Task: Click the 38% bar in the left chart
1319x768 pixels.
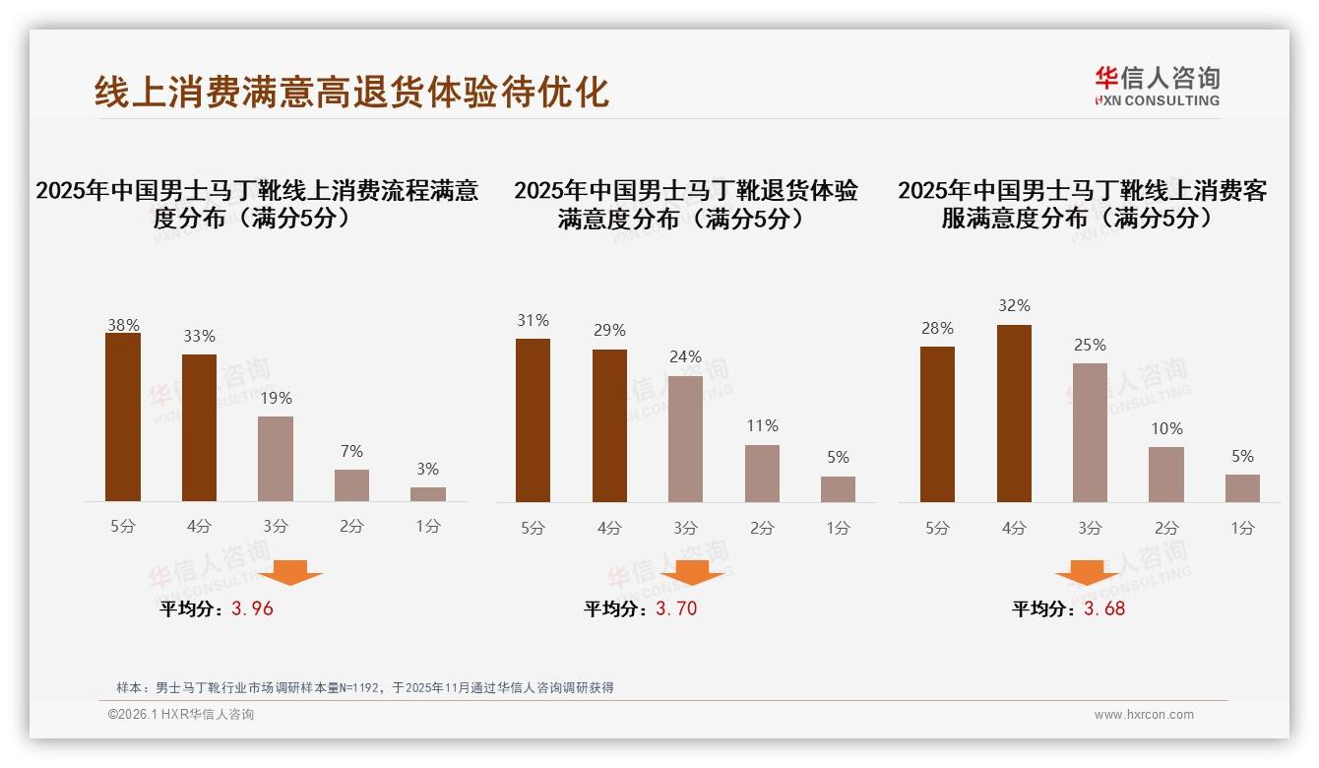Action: [x=123, y=417]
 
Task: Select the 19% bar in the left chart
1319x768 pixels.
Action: [x=276, y=459]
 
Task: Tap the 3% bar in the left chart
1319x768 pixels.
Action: [x=428, y=494]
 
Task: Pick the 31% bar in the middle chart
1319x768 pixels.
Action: [x=533, y=420]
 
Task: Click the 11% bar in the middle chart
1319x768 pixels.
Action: [x=762, y=474]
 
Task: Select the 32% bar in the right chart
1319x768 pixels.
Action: [x=1014, y=414]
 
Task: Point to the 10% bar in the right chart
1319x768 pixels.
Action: [x=1166, y=475]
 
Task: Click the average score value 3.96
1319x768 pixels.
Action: [x=252, y=608]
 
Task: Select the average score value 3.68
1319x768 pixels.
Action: [x=1104, y=608]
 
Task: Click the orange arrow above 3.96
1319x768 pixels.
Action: [x=290, y=572]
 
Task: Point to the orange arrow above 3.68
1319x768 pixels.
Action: [x=1087, y=572]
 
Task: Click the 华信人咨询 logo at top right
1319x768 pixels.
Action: [x=1157, y=86]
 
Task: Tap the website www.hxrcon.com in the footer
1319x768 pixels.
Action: [x=1144, y=715]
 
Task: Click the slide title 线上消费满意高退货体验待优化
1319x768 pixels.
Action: [x=351, y=91]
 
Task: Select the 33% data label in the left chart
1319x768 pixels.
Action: [x=199, y=336]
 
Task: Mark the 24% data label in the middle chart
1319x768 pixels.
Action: [x=685, y=356]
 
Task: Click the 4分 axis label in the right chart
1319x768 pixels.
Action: [x=1014, y=528]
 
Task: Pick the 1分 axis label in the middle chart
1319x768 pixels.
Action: [x=838, y=528]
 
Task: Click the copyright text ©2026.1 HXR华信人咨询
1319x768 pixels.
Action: [x=181, y=715]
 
